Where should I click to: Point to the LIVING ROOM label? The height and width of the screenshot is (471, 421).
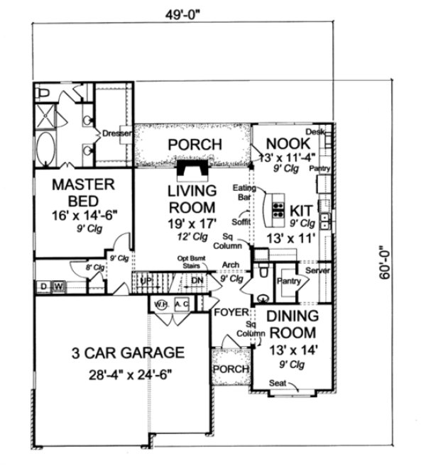[x=192, y=199]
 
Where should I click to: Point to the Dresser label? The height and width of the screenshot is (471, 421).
[x=115, y=133]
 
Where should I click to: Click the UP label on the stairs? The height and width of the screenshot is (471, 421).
[x=147, y=281]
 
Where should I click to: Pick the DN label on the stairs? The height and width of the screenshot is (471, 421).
[x=198, y=281]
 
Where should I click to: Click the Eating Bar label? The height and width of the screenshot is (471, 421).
[x=245, y=192]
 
